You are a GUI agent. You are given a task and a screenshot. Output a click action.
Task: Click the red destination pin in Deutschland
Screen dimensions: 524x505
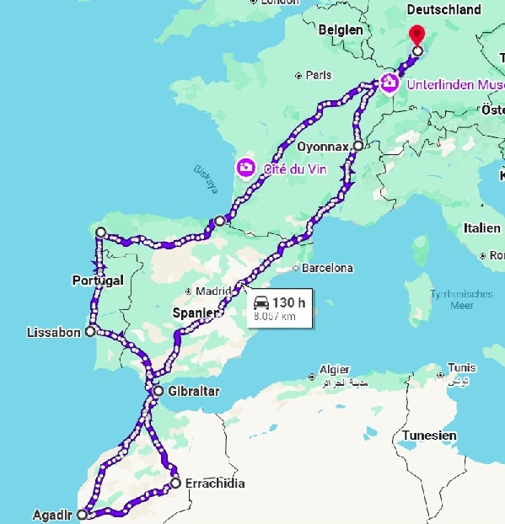click(x=416, y=35)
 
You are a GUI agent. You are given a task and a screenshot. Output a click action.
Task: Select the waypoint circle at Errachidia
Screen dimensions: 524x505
click(x=175, y=483)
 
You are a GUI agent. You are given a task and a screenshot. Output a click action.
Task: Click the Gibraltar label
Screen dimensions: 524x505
click(x=193, y=392)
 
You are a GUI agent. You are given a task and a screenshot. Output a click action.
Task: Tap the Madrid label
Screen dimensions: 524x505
click(x=212, y=291)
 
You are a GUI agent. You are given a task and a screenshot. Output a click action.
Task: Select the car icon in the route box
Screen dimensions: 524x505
click(x=261, y=302)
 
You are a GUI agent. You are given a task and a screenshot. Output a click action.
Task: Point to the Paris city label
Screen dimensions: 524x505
click(x=318, y=75)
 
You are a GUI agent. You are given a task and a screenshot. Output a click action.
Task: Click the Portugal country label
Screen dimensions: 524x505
click(x=99, y=280)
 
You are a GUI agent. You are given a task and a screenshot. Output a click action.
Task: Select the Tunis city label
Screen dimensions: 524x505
click(x=462, y=367)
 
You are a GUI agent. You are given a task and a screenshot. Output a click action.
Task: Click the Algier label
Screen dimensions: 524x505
click(x=335, y=370)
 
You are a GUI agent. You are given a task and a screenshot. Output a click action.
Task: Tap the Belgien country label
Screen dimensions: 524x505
click(x=341, y=30)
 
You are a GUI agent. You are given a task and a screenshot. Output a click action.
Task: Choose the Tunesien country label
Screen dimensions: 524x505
click(x=430, y=436)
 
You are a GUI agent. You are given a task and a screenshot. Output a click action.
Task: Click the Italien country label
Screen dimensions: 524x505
click(x=481, y=228)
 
